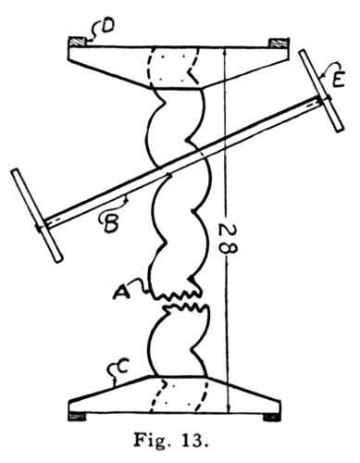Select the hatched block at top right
[x=276, y=43]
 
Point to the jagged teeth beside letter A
[x=181, y=296]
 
